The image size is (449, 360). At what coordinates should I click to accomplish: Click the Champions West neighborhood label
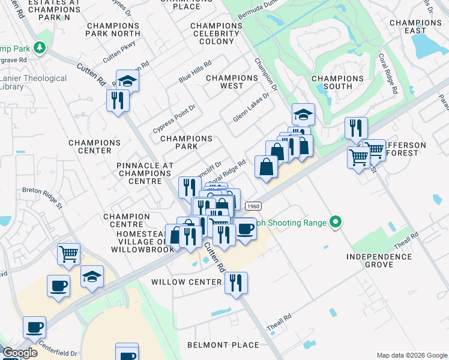click(232, 82)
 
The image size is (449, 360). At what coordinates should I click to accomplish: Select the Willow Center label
click(187, 282)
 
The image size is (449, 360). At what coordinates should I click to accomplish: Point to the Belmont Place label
click(223, 345)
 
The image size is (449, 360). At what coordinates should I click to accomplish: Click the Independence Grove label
click(379, 260)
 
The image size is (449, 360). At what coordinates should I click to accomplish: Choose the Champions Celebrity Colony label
click(217, 34)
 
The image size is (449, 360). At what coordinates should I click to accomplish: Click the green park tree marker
click(40, 47)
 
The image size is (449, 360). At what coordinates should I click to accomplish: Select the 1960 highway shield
click(252, 205)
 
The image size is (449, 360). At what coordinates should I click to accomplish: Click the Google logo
click(20, 353)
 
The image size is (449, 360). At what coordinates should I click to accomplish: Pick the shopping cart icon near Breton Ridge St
click(68, 254)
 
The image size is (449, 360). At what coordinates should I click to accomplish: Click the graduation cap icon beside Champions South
click(303, 114)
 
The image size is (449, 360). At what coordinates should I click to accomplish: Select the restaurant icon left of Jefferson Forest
click(356, 128)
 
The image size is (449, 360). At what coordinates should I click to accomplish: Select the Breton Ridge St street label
click(42, 197)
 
